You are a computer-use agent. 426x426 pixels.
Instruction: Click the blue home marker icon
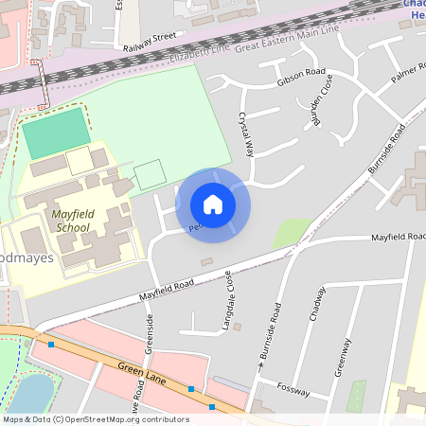tap(213, 204)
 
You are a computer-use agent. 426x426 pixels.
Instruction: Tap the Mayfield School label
tap(73, 222)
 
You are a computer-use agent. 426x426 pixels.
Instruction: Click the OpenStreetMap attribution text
tap(95, 418)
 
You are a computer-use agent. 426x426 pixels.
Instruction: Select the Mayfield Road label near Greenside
tap(167, 289)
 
